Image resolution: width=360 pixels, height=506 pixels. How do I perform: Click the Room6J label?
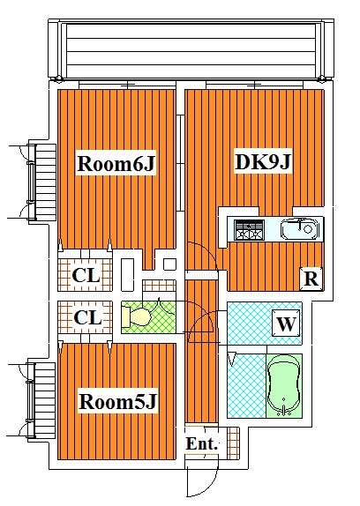tap(116, 163)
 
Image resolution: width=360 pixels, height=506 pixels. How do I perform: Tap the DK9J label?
tap(263, 161)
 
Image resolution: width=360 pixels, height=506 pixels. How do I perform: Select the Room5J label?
tap(117, 401)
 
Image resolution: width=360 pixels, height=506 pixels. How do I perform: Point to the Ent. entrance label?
tap(201, 443)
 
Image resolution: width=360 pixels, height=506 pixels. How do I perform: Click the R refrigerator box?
tap(311, 279)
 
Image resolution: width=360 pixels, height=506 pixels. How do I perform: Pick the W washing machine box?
tap(286, 323)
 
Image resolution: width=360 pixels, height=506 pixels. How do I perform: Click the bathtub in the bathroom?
tap(284, 385)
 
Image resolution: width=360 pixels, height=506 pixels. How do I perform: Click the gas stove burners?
tap(249, 230)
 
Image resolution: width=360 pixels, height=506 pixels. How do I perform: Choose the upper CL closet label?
tap(86, 275)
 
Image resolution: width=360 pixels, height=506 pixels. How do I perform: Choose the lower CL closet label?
tap(87, 317)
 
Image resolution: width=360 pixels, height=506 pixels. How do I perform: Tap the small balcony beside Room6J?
tap(42, 182)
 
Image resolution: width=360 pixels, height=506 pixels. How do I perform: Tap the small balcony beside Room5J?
tap(41, 400)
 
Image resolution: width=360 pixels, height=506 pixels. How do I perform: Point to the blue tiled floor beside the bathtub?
tap(247, 385)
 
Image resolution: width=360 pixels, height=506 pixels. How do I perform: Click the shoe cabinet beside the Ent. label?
tap(233, 443)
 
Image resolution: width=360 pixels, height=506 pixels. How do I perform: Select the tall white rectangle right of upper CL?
tap(127, 275)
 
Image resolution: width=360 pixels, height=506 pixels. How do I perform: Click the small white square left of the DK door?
tap(169, 264)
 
